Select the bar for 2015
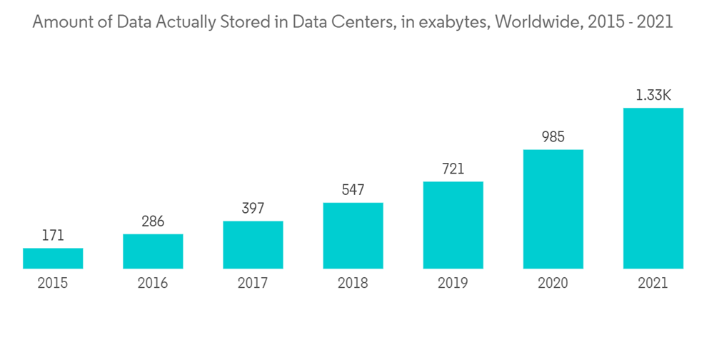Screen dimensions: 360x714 click(x=53, y=259)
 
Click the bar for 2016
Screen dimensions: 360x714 click(x=153, y=251)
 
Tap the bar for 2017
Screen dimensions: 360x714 click(x=253, y=245)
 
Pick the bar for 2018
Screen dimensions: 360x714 click(x=353, y=236)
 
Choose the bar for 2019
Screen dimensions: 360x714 click(x=453, y=225)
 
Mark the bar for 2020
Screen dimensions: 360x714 click(x=553, y=209)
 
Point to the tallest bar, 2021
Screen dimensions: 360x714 click(x=653, y=189)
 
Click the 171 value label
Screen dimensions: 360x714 click(x=53, y=236)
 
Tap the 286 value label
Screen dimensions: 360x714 click(x=153, y=221)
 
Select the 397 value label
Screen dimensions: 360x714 click(x=253, y=209)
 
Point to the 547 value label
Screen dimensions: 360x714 click(x=353, y=190)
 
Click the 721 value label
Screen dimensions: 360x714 click(x=453, y=169)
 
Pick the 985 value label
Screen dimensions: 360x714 click(x=553, y=137)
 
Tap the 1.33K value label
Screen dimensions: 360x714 click(x=653, y=95)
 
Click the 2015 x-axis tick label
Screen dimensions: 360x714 click(x=53, y=284)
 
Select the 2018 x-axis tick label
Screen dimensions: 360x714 click(x=353, y=284)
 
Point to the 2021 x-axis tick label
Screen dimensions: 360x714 click(x=653, y=284)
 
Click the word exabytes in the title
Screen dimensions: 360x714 click(x=452, y=23)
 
